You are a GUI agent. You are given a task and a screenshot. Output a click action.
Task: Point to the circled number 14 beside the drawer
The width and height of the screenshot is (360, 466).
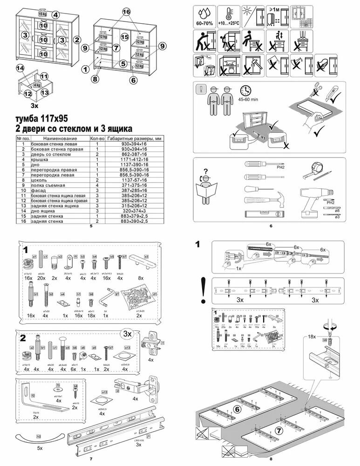click(x=20, y=69)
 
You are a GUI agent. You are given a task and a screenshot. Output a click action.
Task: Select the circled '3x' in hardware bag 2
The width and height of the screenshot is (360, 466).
click(x=127, y=334)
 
